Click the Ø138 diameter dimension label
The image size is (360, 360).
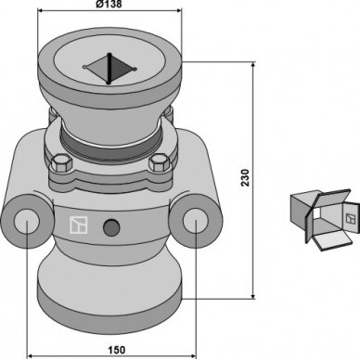point(109,4)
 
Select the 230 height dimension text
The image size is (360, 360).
point(245,177)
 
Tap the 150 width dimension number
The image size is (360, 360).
point(117,350)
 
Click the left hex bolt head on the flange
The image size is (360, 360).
point(60,163)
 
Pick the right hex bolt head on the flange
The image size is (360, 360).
point(160,163)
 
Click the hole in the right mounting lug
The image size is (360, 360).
point(195,220)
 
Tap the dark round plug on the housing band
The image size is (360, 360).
point(111,227)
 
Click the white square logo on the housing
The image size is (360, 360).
point(78,225)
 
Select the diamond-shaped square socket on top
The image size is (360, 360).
point(109,68)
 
